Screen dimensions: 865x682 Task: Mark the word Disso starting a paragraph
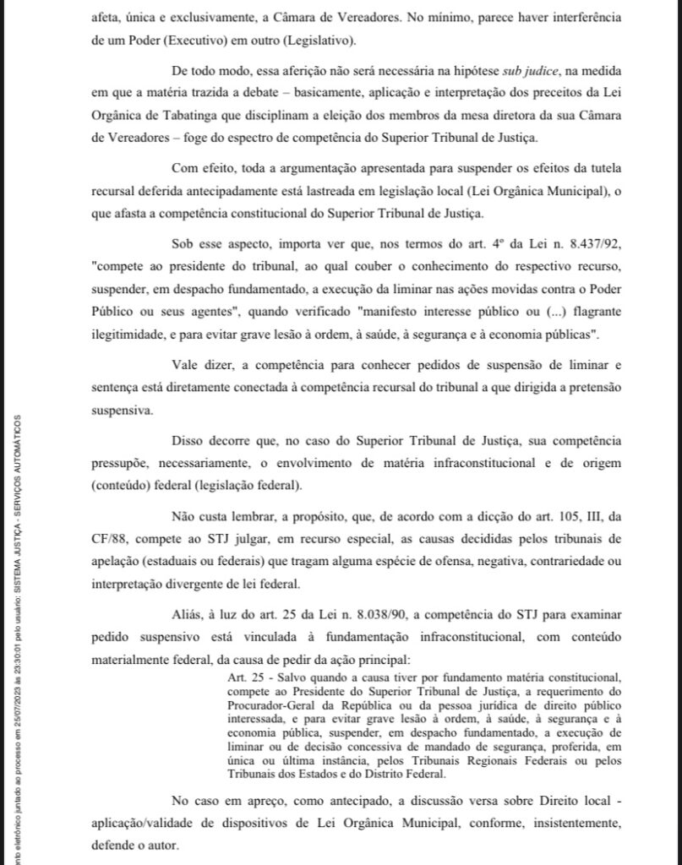click(x=190, y=441)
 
